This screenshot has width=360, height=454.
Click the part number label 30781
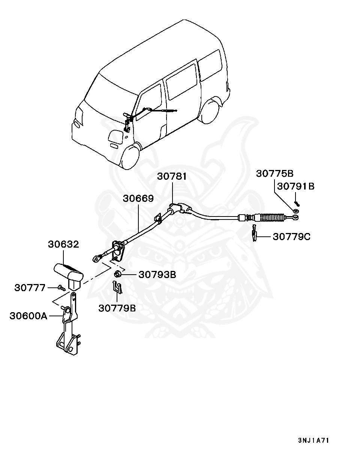click(x=172, y=177)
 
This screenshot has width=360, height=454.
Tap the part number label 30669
click(x=138, y=198)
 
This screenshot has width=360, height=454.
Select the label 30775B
click(x=275, y=174)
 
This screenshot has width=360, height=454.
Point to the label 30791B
click(x=295, y=186)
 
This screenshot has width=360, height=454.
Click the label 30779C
click(x=292, y=237)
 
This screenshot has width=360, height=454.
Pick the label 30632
click(x=63, y=244)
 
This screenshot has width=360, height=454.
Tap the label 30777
click(x=30, y=288)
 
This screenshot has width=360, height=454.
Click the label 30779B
click(x=117, y=308)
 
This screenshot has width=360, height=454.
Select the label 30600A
click(x=28, y=316)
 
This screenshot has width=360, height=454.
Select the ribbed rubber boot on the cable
click(x=270, y=218)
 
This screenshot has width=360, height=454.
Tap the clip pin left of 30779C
click(x=255, y=233)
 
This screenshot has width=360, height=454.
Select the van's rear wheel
click(x=210, y=111)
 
